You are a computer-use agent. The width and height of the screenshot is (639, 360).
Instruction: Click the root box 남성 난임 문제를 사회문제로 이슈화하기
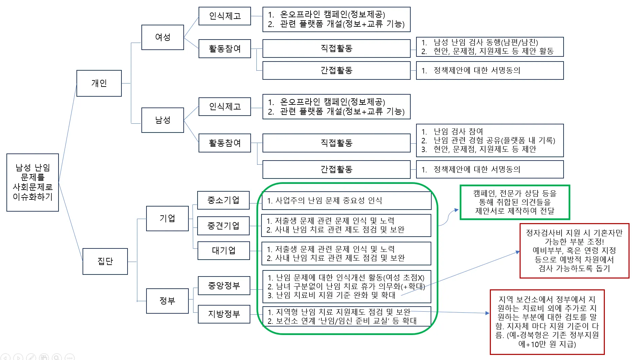click(x=32, y=183)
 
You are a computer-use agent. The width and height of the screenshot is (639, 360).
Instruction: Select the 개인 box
click(x=99, y=83)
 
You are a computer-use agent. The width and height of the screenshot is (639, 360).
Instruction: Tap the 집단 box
click(x=105, y=261)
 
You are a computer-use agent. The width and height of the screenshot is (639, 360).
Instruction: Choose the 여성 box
click(x=162, y=37)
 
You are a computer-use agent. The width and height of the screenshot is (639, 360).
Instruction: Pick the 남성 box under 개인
click(x=162, y=120)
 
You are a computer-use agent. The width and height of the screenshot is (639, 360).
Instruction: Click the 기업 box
click(x=167, y=218)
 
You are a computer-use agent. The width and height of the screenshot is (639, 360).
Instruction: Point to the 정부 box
click(x=167, y=301)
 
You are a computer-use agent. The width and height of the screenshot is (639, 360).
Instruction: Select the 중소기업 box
click(x=223, y=200)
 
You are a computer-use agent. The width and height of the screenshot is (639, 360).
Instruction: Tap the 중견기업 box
click(x=223, y=225)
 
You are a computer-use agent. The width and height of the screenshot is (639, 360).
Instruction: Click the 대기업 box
click(x=224, y=250)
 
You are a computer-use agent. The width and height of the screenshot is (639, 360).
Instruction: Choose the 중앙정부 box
click(x=224, y=286)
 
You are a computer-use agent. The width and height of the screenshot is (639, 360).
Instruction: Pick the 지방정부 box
click(x=224, y=314)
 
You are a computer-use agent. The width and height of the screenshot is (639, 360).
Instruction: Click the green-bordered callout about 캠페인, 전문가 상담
click(x=515, y=202)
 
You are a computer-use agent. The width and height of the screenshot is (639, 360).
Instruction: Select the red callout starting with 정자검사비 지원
click(x=574, y=250)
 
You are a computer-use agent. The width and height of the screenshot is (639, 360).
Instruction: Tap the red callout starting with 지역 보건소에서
click(x=547, y=322)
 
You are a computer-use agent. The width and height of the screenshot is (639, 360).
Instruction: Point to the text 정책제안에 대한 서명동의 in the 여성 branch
click(x=477, y=70)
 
